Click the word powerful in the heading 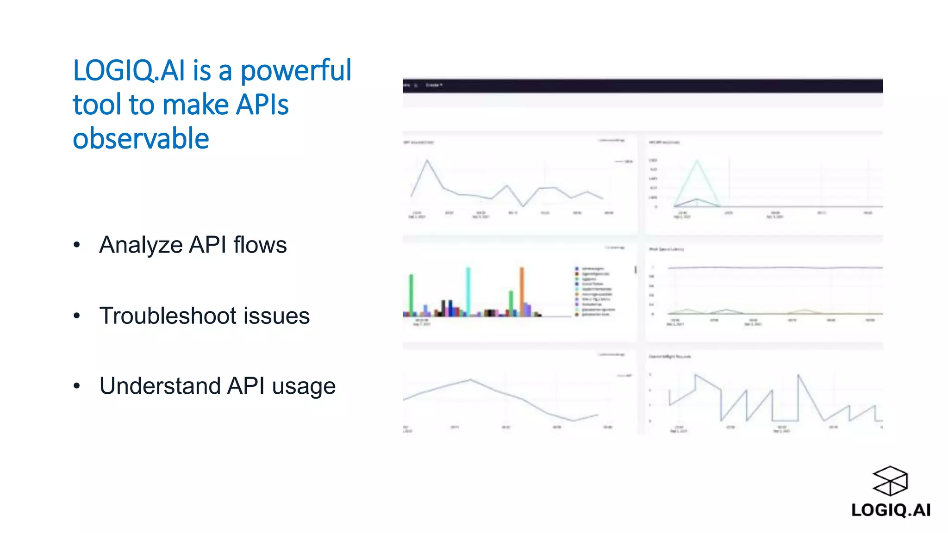[296, 71]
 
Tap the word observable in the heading [141, 138]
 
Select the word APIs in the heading [262, 105]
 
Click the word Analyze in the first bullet [141, 245]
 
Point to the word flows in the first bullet [260, 245]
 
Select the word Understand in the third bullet [160, 386]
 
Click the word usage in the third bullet [304, 387]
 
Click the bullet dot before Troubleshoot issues [77, 316]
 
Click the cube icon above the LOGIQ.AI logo [890, 481]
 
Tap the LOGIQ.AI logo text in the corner [891, 510]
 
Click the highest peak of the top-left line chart [427, 161]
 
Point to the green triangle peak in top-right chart [697, 162]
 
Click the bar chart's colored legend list [595, 291]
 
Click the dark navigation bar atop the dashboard [642, 86]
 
